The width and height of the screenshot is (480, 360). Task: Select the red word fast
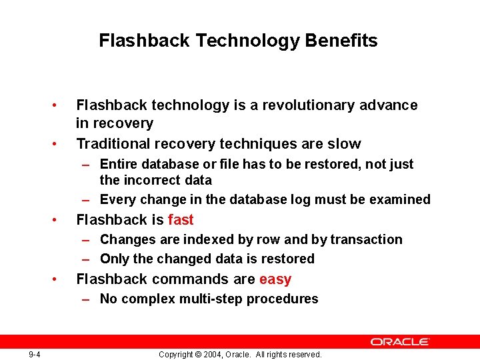[181, 219]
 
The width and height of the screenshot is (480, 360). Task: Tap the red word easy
[275, 279]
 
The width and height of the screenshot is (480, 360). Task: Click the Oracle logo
[401, 341]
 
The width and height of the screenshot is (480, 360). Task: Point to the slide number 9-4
[35, 354]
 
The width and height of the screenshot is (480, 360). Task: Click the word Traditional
[113, 143]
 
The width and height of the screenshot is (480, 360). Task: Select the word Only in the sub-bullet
[113, 259]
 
